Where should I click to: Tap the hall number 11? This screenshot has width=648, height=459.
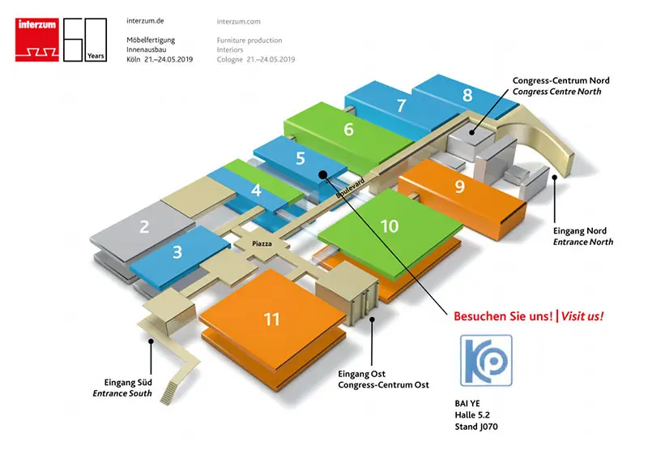point(271,319)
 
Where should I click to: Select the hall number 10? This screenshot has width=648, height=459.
point(390,226)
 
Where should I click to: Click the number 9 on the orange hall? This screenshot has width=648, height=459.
point(459,187)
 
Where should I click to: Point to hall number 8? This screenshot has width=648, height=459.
point(467,95)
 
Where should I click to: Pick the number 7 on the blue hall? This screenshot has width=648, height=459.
point(401,105)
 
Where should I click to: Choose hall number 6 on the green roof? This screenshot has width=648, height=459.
point(348,130)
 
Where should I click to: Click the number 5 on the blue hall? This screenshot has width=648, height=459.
point(300,158)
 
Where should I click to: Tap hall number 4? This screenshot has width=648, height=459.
point(256,192)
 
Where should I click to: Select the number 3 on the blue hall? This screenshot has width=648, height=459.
point(177,253)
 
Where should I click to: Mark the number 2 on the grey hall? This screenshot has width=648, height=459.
point(144,227)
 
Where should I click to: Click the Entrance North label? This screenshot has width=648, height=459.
point(582,242)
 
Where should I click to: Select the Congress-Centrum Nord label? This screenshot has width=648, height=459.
point(561,81)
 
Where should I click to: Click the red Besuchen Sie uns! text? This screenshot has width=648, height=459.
point(502,315)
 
